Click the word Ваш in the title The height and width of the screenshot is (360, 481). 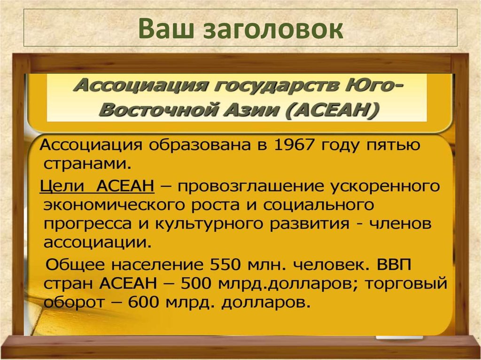click(x=166, y=29)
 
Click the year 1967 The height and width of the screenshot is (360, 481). click(x=291, y=146)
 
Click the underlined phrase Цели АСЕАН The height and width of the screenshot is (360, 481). click(x=97, y=186)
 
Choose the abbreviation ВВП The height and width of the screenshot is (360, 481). click(x=393, y=265)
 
